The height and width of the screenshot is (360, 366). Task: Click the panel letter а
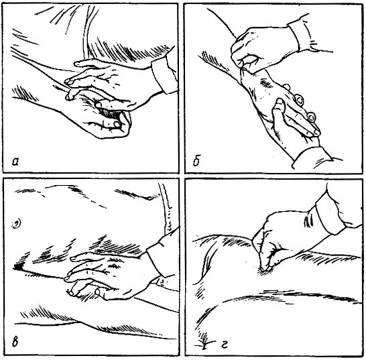point(15,161)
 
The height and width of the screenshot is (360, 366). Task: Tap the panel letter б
point(197,161)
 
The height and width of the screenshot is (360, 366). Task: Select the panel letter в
point(15,342)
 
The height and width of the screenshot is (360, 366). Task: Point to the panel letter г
point(224,345)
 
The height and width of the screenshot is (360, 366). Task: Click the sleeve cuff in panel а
point(164,74)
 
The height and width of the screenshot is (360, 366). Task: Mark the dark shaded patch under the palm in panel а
point(110,113)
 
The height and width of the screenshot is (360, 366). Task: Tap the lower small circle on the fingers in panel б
point(311,117)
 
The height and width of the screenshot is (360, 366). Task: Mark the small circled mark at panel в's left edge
point(17,225)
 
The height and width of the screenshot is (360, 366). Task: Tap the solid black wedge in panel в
point(19,267)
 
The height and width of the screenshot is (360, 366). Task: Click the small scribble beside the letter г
point(204,342)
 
